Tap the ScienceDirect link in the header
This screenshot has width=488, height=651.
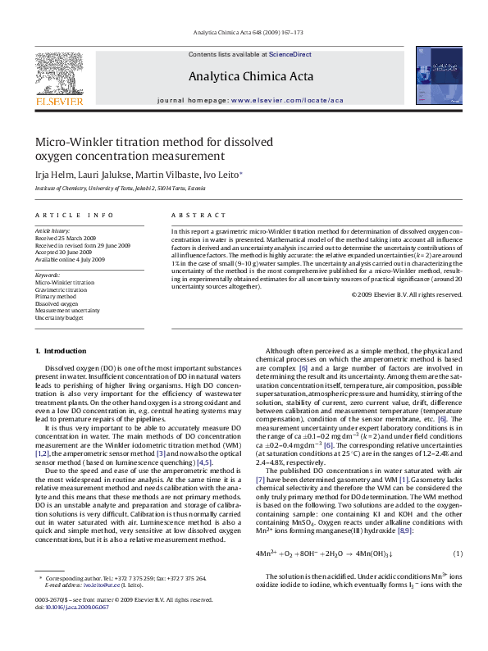tap(290, 54)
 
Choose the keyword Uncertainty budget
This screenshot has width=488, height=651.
tap(59, 317)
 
